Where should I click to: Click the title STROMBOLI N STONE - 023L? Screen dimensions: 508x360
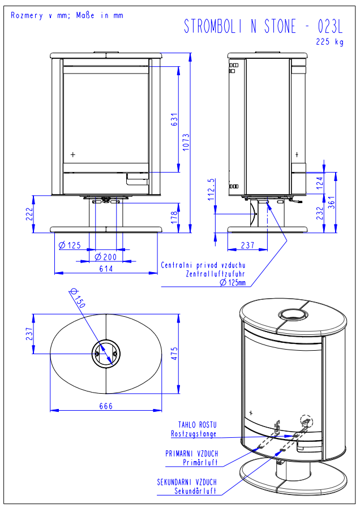pos(263,26)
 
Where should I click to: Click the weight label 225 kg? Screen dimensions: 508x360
pos(330,41)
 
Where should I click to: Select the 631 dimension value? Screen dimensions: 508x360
pos(175,120)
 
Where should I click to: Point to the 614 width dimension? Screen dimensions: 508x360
pos(106,269)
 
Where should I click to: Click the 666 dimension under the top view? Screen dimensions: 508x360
pos(106,406)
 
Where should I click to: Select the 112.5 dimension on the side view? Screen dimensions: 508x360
pos(211,190)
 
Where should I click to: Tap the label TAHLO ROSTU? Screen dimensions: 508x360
pos(198,424)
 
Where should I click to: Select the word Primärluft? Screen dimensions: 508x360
pos(200,462)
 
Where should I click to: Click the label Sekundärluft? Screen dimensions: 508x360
pos(195,491)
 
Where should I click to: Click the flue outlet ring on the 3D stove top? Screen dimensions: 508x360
pos(292,315)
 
